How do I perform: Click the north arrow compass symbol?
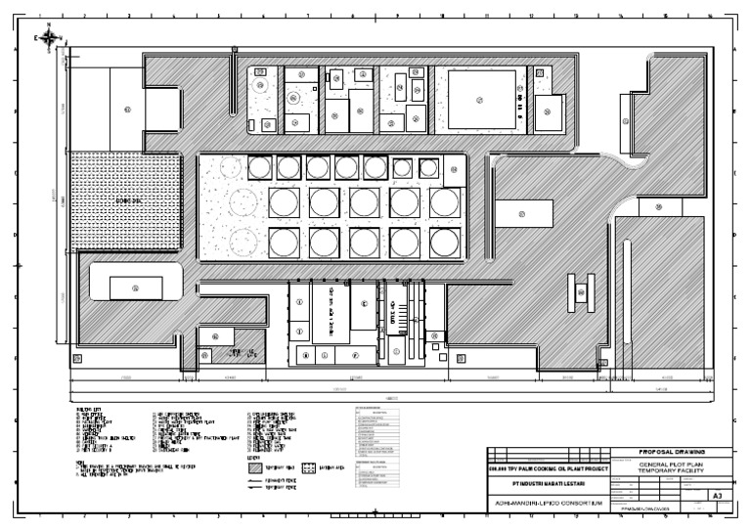tap(49, 38)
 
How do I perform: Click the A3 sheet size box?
tap(717, 496)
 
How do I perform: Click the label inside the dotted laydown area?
tap(125, 200)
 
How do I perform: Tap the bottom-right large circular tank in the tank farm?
tap(445, 243)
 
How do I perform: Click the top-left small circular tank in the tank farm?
tap(259, 168)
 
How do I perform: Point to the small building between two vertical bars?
tap(582, 291)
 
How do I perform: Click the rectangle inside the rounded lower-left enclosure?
tap(136, 288)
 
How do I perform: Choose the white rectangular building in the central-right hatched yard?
tap(523, 213)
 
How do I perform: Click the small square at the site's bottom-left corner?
tap(79, 358)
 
